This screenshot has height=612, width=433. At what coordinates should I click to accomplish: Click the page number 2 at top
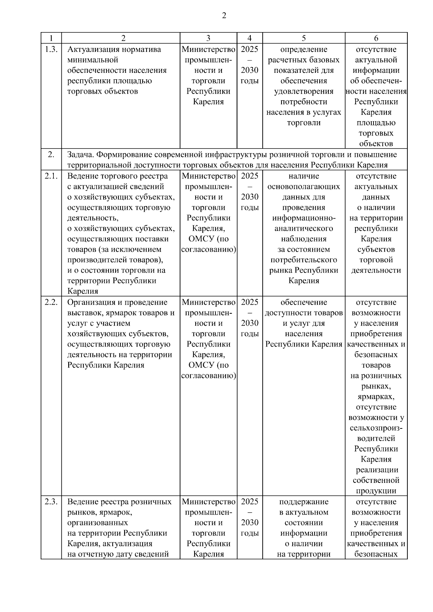(x=224, y=16)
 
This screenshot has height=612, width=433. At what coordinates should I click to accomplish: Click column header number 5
(x=303, y=38)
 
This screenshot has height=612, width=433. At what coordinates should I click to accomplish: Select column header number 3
(x=208, y=38)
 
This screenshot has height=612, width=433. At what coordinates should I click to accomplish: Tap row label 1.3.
(x=51, y=49)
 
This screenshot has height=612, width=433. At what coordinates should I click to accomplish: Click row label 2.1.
(x=51, y=176)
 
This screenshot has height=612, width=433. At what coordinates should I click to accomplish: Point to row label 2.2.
(x=51, y=302)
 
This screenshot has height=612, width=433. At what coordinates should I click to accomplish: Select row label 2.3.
(x=51, y=502)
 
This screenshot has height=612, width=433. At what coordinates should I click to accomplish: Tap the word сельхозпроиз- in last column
(x=376, y=428)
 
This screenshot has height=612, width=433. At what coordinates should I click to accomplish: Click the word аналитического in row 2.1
(x=303, y=229)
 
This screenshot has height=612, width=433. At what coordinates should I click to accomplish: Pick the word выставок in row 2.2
(x=82, y=313)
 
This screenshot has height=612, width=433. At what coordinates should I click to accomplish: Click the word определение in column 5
(x=303, y=49)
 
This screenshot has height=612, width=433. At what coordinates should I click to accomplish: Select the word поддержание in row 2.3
(x=303, y=502)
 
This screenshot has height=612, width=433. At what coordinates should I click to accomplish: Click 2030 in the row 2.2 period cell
(x=249, y=323)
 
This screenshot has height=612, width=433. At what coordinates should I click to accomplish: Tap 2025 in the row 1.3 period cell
(x=249, y=49)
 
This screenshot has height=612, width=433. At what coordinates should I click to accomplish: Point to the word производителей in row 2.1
(x=94, y=260)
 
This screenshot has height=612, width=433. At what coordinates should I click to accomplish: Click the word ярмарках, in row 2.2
(x=376, y=397)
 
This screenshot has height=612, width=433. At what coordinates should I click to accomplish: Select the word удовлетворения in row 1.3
(x=303, y=91)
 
